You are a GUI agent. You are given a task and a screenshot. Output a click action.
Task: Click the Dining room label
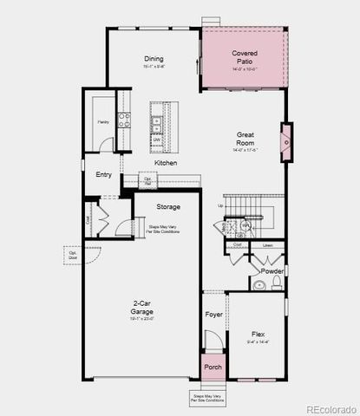[x=154, y=60]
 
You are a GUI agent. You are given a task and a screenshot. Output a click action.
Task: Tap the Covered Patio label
[x=245, y=58]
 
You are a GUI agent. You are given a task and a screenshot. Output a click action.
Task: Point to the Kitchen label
[x=166, y=163]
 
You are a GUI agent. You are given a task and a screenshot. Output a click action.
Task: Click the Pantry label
[x=102, y=122]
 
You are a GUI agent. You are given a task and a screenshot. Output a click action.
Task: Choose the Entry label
[x=104, y=175]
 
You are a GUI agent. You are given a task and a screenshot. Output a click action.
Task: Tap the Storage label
[x=168, y=207]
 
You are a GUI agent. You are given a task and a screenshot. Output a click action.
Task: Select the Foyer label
[x=213, y=315]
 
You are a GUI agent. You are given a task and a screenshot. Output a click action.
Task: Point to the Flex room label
[x=259, y=335]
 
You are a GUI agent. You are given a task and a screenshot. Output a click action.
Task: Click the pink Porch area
[x=213, y=367]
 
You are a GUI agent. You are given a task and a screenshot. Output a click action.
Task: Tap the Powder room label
[x=272, y=271]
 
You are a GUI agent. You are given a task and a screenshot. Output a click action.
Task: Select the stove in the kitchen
[x=124, y=119]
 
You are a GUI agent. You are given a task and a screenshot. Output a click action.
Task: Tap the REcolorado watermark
[x=330, y=407]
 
